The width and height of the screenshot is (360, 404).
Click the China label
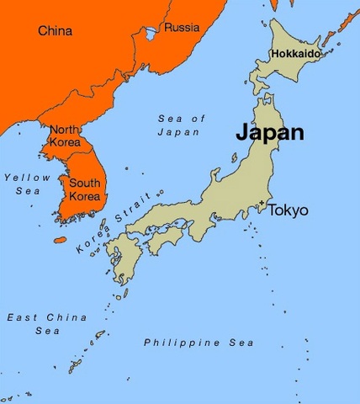click(55, 31)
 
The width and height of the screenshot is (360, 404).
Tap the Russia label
click(182, 28)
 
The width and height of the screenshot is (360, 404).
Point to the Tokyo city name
click(289, 210)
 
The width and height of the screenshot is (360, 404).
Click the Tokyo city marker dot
click(262, 203)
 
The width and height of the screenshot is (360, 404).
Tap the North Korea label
click(65, 136)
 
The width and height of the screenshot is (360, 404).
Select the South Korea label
click(84, 189)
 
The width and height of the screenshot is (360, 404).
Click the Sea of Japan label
click(181, 125)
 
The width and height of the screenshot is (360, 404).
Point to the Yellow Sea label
click(23, 184)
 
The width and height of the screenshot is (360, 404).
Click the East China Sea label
click(34, 324)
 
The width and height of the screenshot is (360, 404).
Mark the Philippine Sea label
click(199, 343)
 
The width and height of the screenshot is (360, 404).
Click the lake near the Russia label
click(151, 34)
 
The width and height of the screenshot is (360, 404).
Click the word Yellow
click(23, 178)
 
